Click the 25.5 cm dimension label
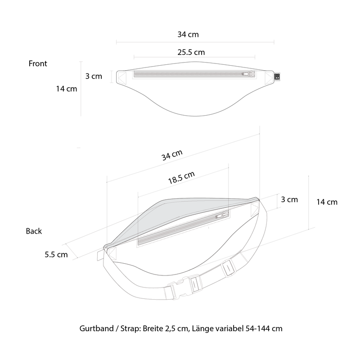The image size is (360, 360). click(x=191, y=52)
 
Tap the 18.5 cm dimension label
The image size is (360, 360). click(x=181, y=178)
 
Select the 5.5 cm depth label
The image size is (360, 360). click(x=56, y=254)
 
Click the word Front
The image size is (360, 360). click(x=38, y=63)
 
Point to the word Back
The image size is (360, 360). click(x=34, y=231)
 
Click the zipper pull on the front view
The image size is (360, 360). click(x=249, y=74)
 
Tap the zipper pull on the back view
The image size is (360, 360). click(x=222, y=216)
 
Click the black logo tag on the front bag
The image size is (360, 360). click(x=277, y=76)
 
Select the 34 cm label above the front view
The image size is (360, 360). click(x=188, y=35)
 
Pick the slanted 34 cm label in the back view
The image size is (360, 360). click(x=172, y=155)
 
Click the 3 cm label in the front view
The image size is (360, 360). click(x=94, y=76)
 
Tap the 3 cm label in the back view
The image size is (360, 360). click(x=289, y=199)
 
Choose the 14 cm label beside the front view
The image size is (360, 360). click(x=67, y=89)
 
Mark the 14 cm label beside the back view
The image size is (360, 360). click(x=327, y=202)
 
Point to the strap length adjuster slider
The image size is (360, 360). click(x=229, y=268)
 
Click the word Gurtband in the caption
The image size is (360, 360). click(x=96, y=328)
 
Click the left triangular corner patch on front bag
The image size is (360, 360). click(x=122, y=78)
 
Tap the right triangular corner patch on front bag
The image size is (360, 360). click(x=269, y=78)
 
